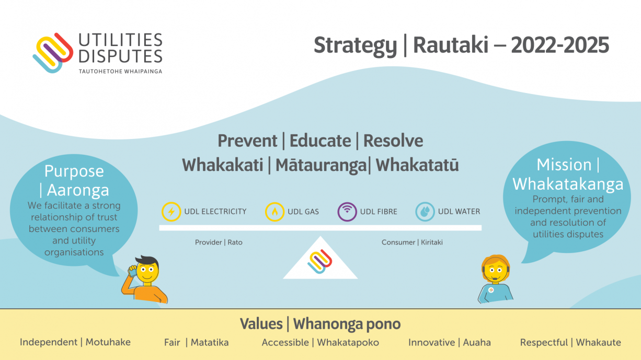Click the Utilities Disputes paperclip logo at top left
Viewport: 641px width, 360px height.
[x=53, y=53]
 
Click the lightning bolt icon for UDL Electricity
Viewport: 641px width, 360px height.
[x=171, y=212]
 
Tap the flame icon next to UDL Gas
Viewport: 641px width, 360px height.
[x=274, y=212]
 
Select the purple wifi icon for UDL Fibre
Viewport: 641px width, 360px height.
[x=347, y=212]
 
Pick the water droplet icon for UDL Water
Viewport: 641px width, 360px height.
[x=425, y=212]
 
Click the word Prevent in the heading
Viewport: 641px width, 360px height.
[x=247, y=141]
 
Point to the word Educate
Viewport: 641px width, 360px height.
[x=320, y=141]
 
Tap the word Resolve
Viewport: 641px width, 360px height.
[x=393, y=141]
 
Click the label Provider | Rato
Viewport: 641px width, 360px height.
[x=219, y=242]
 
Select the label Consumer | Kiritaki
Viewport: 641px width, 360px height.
[x=412, y=242]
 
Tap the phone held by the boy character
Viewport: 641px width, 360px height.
[x=132, y=271]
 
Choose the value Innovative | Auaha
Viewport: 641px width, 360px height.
[x=450, y=342]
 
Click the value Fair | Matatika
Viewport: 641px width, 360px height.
[x=196, y=342]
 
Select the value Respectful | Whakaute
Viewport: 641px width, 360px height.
[x=570, y=342]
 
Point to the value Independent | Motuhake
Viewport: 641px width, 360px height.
[x=75, y=342]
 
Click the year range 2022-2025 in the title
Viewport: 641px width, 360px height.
[x=560, y=45]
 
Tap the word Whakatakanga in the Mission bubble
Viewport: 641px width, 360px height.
[x=568, y=183]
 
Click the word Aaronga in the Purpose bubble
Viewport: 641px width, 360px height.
[x=78, y=190]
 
